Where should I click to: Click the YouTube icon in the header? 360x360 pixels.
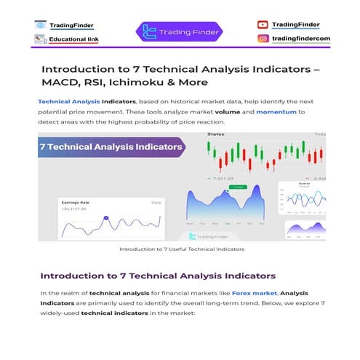(263, 25)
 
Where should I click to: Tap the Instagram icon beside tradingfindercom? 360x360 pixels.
(263, 38)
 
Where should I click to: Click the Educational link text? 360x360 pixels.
(74, 39)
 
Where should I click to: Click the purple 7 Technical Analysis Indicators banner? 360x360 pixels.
(111, 148)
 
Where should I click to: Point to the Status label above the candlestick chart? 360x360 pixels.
(216, 135)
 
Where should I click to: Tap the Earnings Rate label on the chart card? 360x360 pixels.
(75, 202)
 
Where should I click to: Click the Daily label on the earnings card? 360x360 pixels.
(156, 202)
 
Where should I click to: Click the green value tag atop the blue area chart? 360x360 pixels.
(237, 188)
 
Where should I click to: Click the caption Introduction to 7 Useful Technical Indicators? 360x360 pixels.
(181, 249)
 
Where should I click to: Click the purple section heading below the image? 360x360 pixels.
(158, 276)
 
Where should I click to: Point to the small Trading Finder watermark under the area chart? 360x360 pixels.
(209, 236)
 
